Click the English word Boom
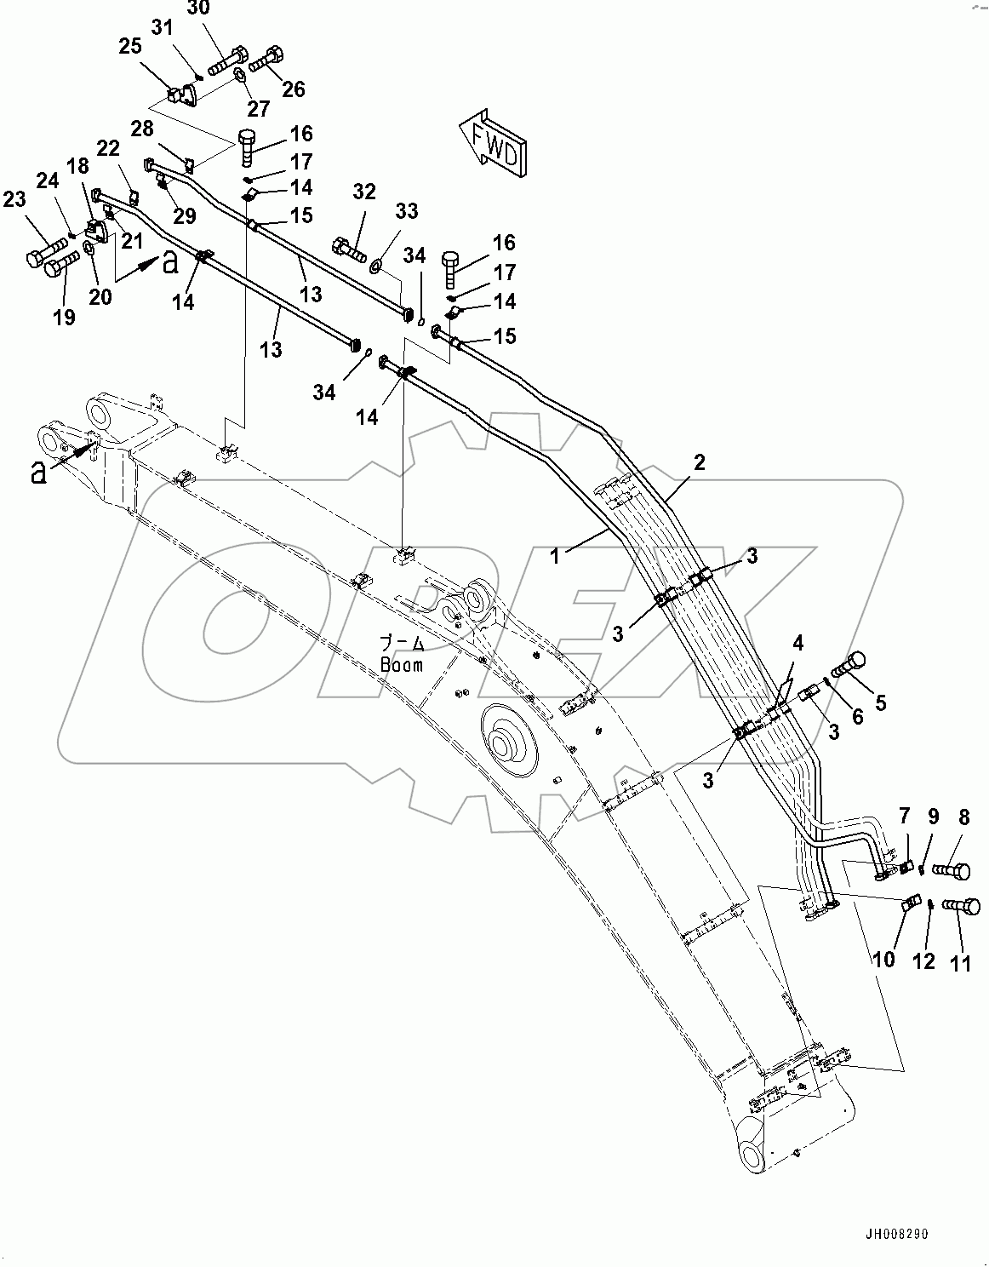point(401,665)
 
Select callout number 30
point(197,9)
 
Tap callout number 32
point(364,192)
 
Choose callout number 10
point(884,959)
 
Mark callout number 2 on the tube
point(700,462)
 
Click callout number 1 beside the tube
point(555,557)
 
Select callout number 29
point(186,216)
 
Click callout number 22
point(108,148)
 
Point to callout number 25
point(130,46)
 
